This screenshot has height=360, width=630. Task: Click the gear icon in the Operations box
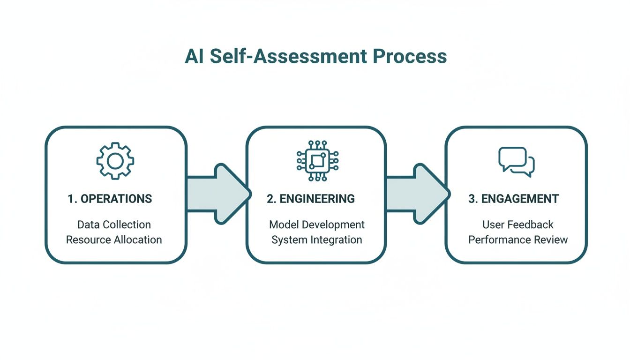[x=115, y=161]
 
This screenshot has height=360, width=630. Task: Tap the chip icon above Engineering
[x=317, y=161]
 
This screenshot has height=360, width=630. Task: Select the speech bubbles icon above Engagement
[x=516, y=161]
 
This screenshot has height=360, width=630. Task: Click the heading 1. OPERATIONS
[x=110, y=199]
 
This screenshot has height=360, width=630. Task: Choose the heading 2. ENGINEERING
[x=311, y=199]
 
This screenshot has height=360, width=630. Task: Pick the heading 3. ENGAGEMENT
[x=513, y=199]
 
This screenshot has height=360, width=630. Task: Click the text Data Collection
[x=114, y=225]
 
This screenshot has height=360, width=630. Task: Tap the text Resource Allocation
[x=114, y=240]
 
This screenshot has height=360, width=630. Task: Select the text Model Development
[x=317, y=225]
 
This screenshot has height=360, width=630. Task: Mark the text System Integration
[x=317, y=240]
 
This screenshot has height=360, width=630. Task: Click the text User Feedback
[x=518, y=225]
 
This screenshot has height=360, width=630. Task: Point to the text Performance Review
[x=518, y=240]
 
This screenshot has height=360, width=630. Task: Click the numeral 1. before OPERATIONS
[x=72, y=199]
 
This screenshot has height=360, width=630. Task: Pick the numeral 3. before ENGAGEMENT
[x=472, y=199]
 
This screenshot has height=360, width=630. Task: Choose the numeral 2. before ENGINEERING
[x=271, y=199]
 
